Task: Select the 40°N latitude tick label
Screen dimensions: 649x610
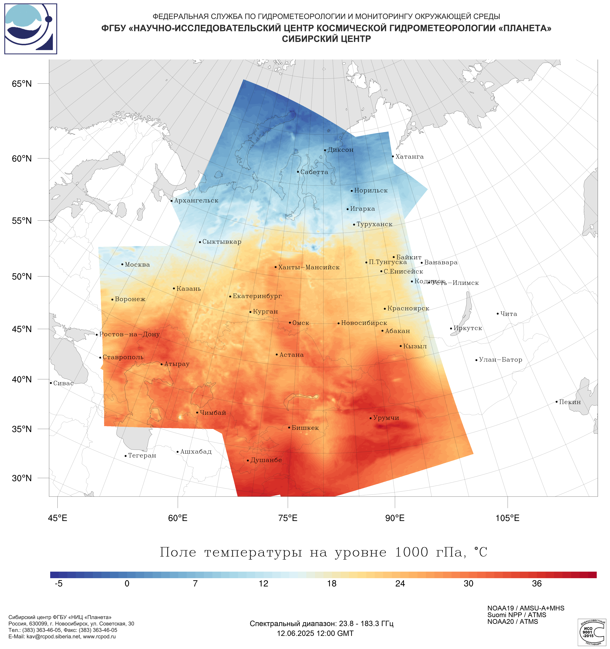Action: click(22, 379)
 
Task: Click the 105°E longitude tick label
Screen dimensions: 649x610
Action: click(507, 518)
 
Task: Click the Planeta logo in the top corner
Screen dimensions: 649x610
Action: click(31, 29)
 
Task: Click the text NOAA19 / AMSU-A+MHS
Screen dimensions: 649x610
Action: click(526, 608)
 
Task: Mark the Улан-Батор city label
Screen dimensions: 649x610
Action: click(500, 360)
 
